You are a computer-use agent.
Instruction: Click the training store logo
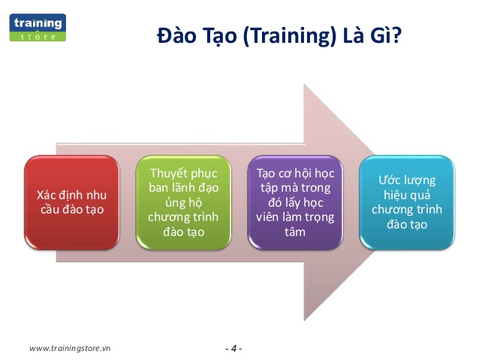38,26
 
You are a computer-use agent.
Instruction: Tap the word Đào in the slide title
176,36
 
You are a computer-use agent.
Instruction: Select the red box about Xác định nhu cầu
71,203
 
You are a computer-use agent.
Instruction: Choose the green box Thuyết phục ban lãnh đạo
179,203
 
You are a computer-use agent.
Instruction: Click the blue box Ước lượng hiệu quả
408,203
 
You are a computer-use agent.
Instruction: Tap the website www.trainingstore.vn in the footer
69,348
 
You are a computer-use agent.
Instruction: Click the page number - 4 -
233,348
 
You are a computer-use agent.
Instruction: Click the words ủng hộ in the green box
179,203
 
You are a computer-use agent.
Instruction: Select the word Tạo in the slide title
217,36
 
